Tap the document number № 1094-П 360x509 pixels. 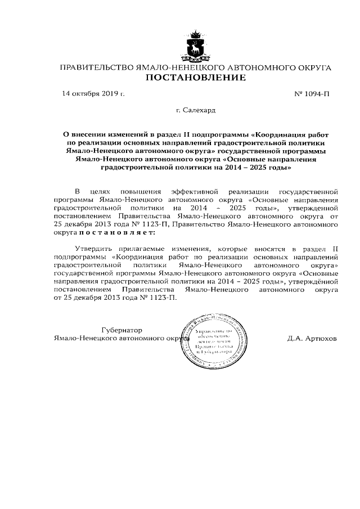(312, 94)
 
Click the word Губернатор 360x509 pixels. (122, 330)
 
